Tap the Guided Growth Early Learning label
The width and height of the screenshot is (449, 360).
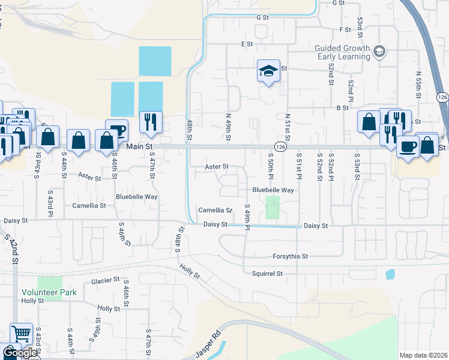point(343,52)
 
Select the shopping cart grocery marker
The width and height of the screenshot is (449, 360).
point(21,333)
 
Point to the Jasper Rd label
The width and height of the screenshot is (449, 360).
point(208,340)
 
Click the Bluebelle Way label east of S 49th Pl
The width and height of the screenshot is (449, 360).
point(273,190)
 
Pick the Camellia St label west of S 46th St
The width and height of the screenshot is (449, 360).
point(89,205)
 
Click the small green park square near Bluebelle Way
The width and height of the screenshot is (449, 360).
point(273,208)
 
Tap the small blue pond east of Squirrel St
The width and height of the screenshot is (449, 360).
point(390,275)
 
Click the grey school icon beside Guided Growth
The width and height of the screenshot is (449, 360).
point(379,52)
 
